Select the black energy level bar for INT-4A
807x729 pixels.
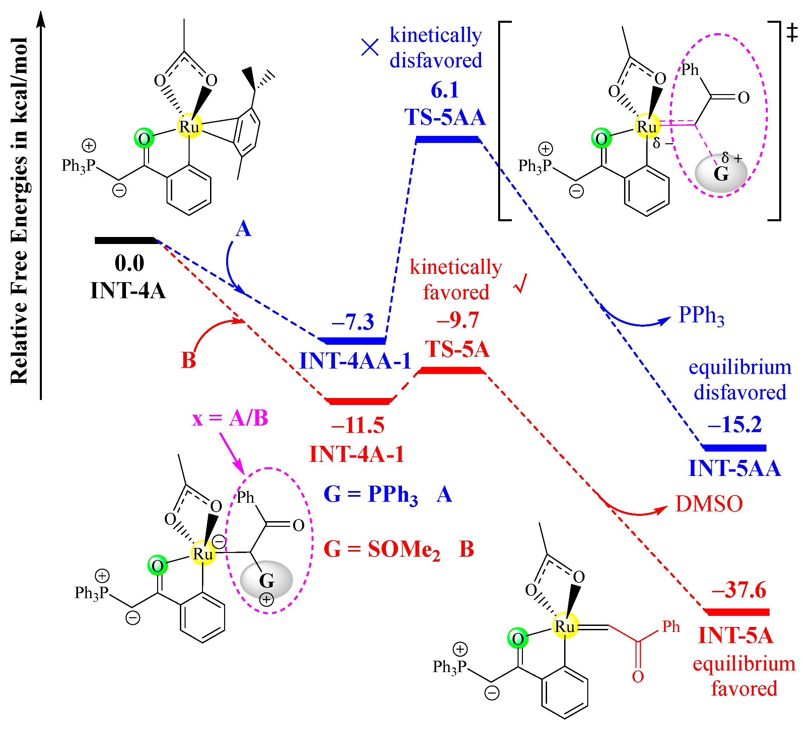(125, 240)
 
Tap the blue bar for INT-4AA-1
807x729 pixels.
(352, 341)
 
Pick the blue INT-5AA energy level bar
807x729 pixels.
(735, 448)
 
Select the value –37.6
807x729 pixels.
(739, 590)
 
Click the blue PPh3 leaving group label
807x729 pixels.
(701, 316)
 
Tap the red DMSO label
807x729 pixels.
(709, 504)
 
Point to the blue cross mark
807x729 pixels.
(370, 48)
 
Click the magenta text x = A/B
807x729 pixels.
(230, 419)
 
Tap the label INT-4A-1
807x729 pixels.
(357, 454)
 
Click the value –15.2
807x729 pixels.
(735, 424)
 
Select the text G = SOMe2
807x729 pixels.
(382, 550)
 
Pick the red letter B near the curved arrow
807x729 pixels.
(189, 360)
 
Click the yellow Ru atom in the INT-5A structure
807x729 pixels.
(565, 626)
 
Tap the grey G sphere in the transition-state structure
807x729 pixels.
(721, 174)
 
